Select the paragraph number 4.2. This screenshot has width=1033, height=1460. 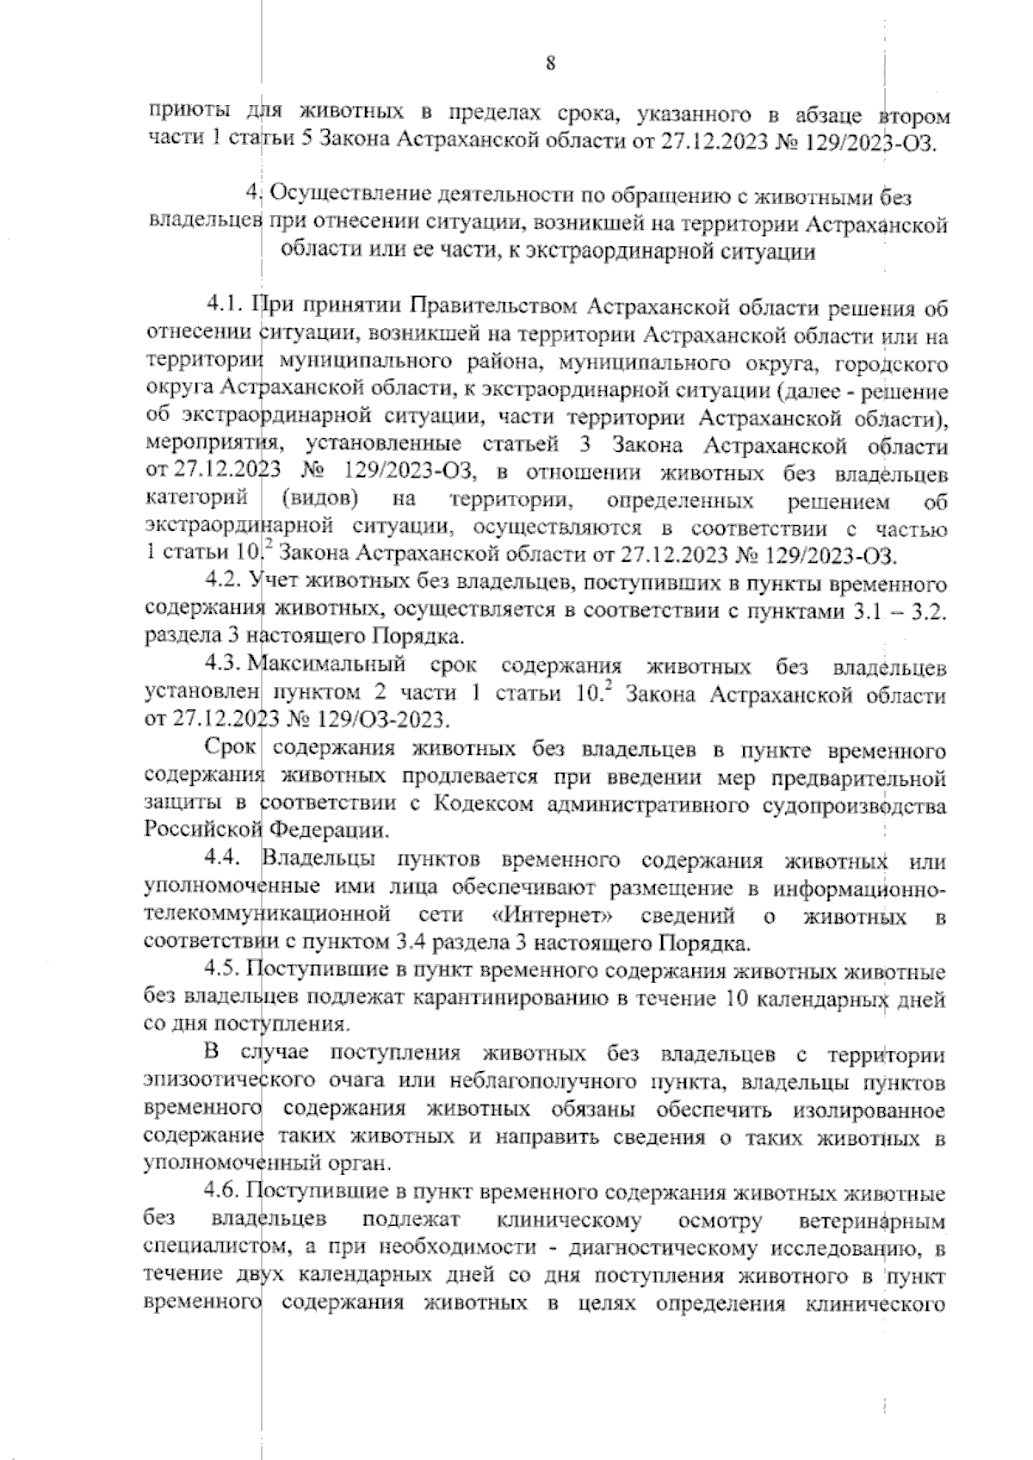[226, 585]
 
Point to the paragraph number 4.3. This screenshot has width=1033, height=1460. [226, 667]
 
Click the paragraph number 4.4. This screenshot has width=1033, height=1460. [226, 861]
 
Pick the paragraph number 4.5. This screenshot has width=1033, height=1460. [226, 974]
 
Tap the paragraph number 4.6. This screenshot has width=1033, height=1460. [226, 1194]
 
